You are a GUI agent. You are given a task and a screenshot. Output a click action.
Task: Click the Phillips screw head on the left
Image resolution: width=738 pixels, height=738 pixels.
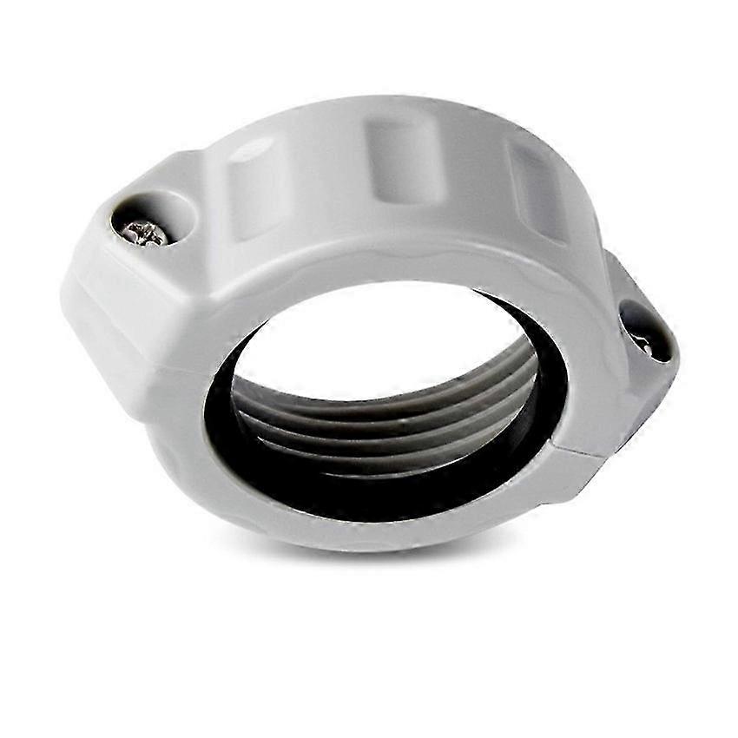(x=146, y=231)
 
